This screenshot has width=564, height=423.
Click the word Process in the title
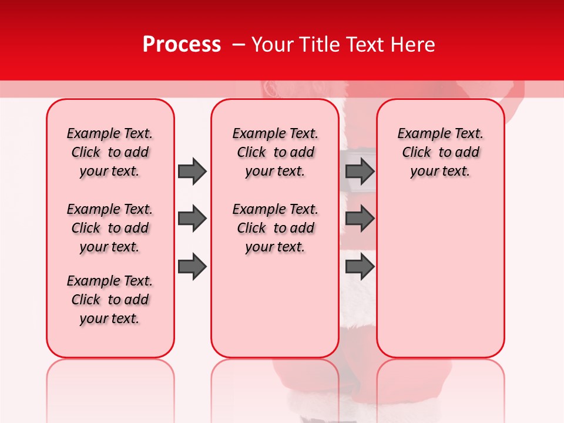[182, 45]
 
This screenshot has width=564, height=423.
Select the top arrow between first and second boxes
[192, 171]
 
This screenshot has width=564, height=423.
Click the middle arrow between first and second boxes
[192, 219]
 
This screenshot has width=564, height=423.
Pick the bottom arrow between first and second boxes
[192, 267]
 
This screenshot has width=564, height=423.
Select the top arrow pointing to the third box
[360, 171]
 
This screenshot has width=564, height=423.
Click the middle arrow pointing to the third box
[360, 219]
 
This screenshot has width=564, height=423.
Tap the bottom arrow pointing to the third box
[360, 267]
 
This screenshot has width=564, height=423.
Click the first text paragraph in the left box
[110, 152]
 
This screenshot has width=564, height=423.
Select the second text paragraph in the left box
[110, 228]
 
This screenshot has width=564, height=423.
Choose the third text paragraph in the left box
[110, 300]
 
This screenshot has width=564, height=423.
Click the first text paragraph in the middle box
[275, 152]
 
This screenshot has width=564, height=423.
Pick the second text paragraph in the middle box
[275, 228]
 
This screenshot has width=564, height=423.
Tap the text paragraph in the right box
[440, 152]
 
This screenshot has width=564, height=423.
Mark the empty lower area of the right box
[440, 276]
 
